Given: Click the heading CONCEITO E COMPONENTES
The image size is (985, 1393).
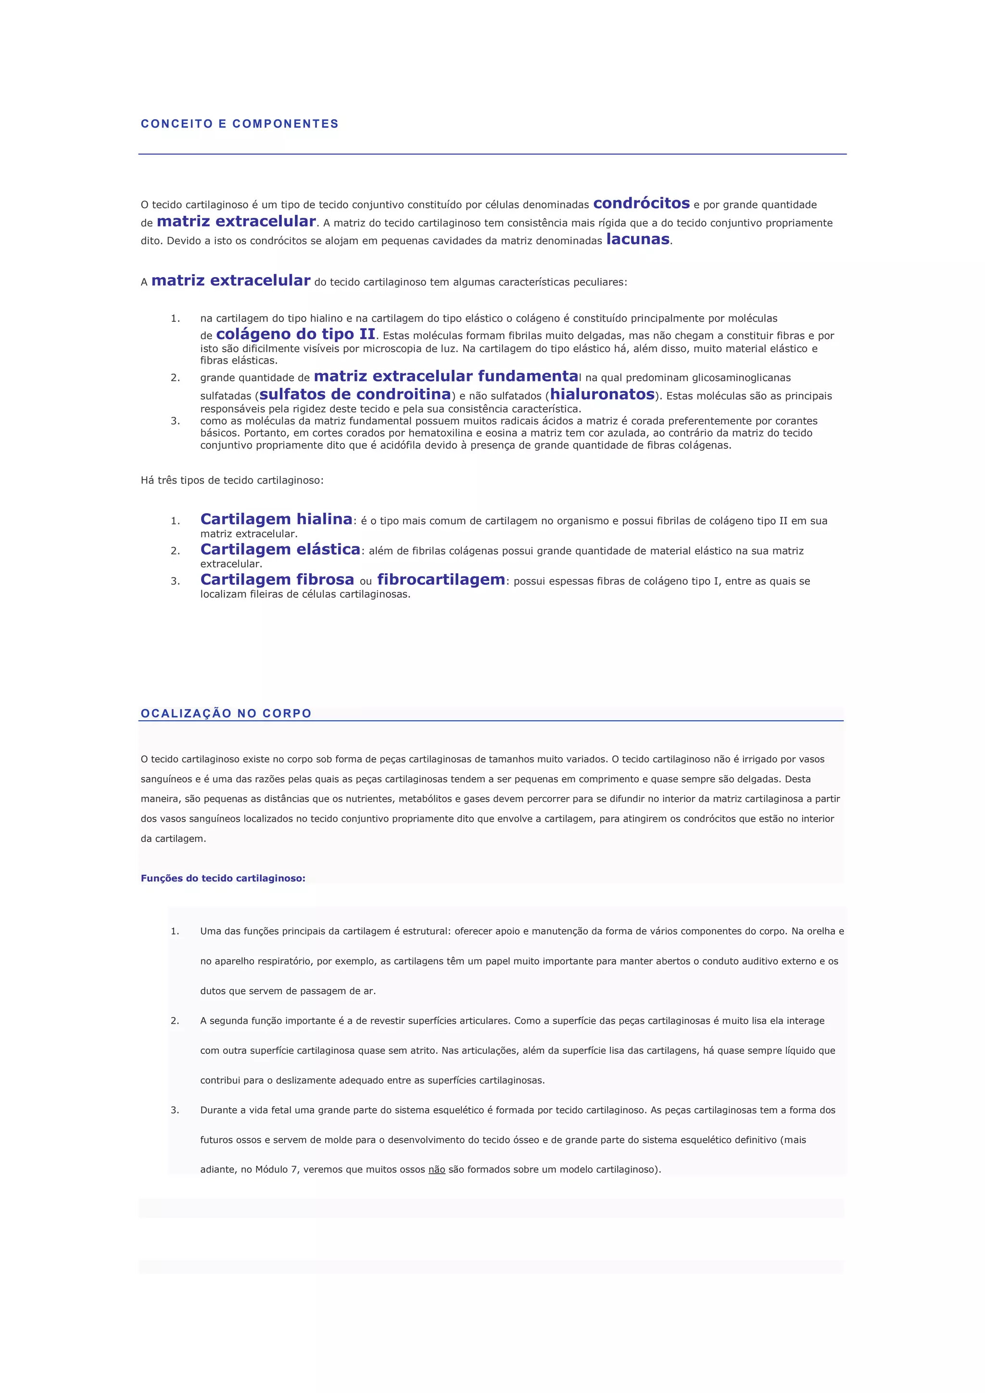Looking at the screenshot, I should pyautogui.click(x=240, y=124).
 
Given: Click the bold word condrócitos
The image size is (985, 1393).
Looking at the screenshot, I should pyautogui.click(x=641, y=203).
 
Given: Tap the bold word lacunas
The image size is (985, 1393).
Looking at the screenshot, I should pyautogui.click(x=638, y=239).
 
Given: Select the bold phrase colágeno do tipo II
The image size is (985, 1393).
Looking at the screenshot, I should pyautogui.click(x=295, y=334).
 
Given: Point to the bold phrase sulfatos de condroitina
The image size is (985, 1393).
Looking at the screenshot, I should pyautogui.click(x=355, y=394).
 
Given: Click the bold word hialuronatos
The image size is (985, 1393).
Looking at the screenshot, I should pyautogui.click(x=602, y=394).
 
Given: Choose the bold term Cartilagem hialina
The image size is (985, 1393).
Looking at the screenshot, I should pyautogui.click(x=277, y=519).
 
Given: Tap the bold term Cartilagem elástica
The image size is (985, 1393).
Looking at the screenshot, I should pyautogui.click(x=280, y=550).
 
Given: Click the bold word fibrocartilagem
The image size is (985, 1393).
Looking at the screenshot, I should pyautogui.click(x=441, y=580).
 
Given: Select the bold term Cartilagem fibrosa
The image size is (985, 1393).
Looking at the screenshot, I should pyautogui.click(x=277, y=580).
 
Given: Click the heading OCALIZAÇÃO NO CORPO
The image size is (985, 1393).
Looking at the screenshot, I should pyautogui.click(x=226, y=713).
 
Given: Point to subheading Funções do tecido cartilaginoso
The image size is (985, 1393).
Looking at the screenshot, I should pyautogui.click(x=223, y=878).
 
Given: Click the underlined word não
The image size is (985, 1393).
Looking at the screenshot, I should pyautogui.click(x=437, y=1169).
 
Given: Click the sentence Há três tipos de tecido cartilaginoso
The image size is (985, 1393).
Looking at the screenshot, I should pyautogui.click(x=232, y=481).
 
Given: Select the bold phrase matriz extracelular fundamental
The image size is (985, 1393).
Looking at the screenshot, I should pyautogui.click(x=447, y=377).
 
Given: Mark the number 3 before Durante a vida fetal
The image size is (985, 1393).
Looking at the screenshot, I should pyautogui.click(x=175, y=1110).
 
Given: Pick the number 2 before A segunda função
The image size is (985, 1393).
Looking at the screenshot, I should pyautogui.click(x=175, y=1021).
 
